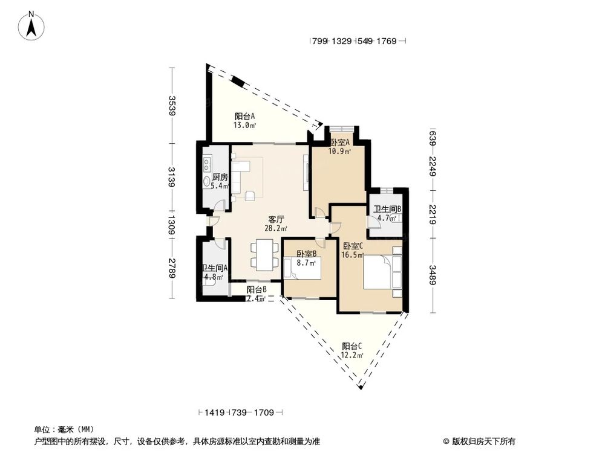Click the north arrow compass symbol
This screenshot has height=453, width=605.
(31, 25)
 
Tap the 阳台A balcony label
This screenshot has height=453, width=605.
(244, 116)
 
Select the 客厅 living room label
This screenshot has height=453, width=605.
(276, 220)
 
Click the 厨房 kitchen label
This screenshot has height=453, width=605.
(220, 177)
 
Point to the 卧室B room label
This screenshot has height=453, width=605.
(307, 254)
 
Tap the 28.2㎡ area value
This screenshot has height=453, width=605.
(276, 228)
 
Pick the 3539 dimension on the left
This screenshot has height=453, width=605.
(172, 105)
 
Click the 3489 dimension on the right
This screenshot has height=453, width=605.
(432, 275)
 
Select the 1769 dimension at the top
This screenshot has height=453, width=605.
(386, 41)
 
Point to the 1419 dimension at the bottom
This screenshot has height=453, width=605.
(215, 413)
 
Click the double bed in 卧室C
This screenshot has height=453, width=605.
(382, 272)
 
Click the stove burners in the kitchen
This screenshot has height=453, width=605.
(207, 165)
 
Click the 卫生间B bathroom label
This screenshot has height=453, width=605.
(387, 209)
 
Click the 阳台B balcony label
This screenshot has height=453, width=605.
(257, 290)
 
